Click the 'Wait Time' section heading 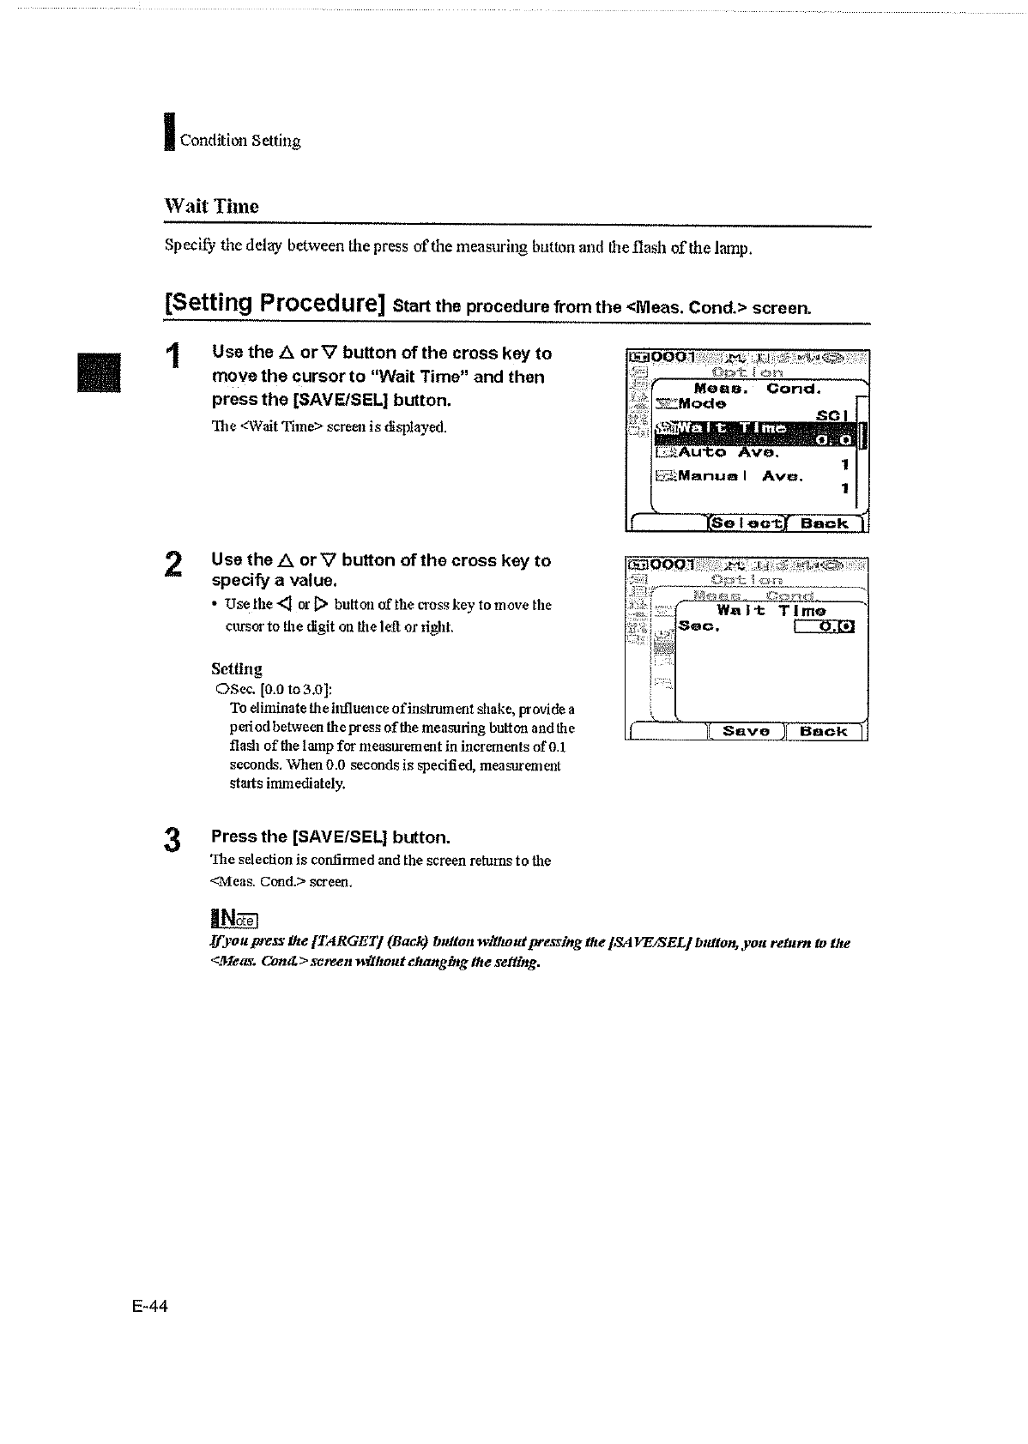point(211,206)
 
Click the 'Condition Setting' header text point(239,141)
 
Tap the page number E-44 point(150,1307)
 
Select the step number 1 point(174,356)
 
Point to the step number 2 point(172,565)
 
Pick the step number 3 point(173,839)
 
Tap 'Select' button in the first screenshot point(745,523)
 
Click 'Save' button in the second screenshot point(745,731)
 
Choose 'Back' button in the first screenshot point(824,523)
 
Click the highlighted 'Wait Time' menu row point(759,433)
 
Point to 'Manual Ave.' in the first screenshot point(739,476)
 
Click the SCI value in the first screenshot point(831,415)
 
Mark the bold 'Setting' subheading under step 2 point(237,668)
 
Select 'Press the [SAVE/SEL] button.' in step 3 point(330,837)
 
